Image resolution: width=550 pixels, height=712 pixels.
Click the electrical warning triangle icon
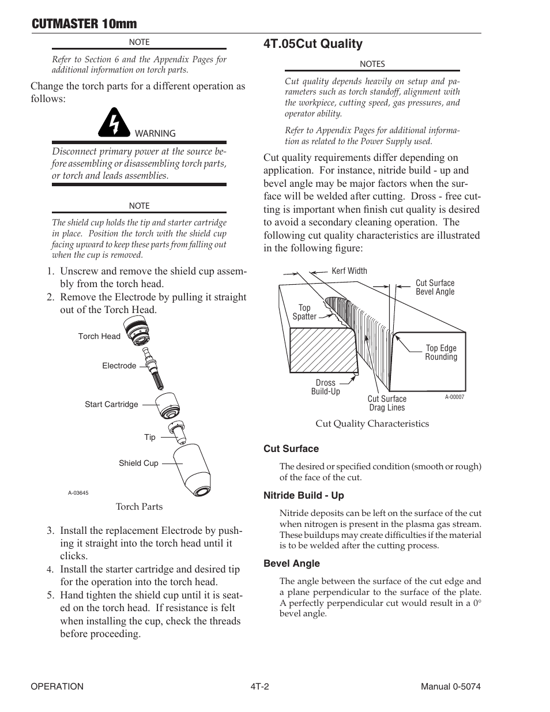pyautogui.click(x=115, y=122)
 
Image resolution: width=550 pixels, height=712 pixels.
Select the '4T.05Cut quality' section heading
pyautogui.click(x=313, y=44)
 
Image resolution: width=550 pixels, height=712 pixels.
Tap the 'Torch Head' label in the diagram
pyautogui.click(x=99, y=337)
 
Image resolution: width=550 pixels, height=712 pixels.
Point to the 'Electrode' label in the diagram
pyautogui.click(x=119, y=366)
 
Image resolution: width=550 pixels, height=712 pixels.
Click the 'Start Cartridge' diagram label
pyautogui.click(x=111, y=405)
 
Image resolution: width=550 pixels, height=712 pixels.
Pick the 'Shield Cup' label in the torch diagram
pyautogui.click(x=138, y=464)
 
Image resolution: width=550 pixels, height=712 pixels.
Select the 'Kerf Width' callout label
pyautogui.click(x=349, y=271)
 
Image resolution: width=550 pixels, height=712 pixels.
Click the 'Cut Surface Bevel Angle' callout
pyautogui.click(x=435, y=288)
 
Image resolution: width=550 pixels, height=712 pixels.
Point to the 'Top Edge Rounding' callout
pyautogui.click(x=441, y=353)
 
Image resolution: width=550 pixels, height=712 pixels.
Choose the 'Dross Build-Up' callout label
pyautogui.click(x=326, y=387)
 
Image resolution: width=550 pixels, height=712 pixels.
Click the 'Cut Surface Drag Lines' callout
pyautogui.click(x=387, y=404)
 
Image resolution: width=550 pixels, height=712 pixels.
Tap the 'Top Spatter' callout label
pyautogui.click(x=304, y=312)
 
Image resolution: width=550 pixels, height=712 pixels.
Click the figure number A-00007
pyautogui.click(x=454, y=397)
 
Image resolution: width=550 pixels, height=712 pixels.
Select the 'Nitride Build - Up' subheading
pyautogui.click(x=304, y=496)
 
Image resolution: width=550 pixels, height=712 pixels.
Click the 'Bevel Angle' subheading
pyautogui.click(x=292, y=564)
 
